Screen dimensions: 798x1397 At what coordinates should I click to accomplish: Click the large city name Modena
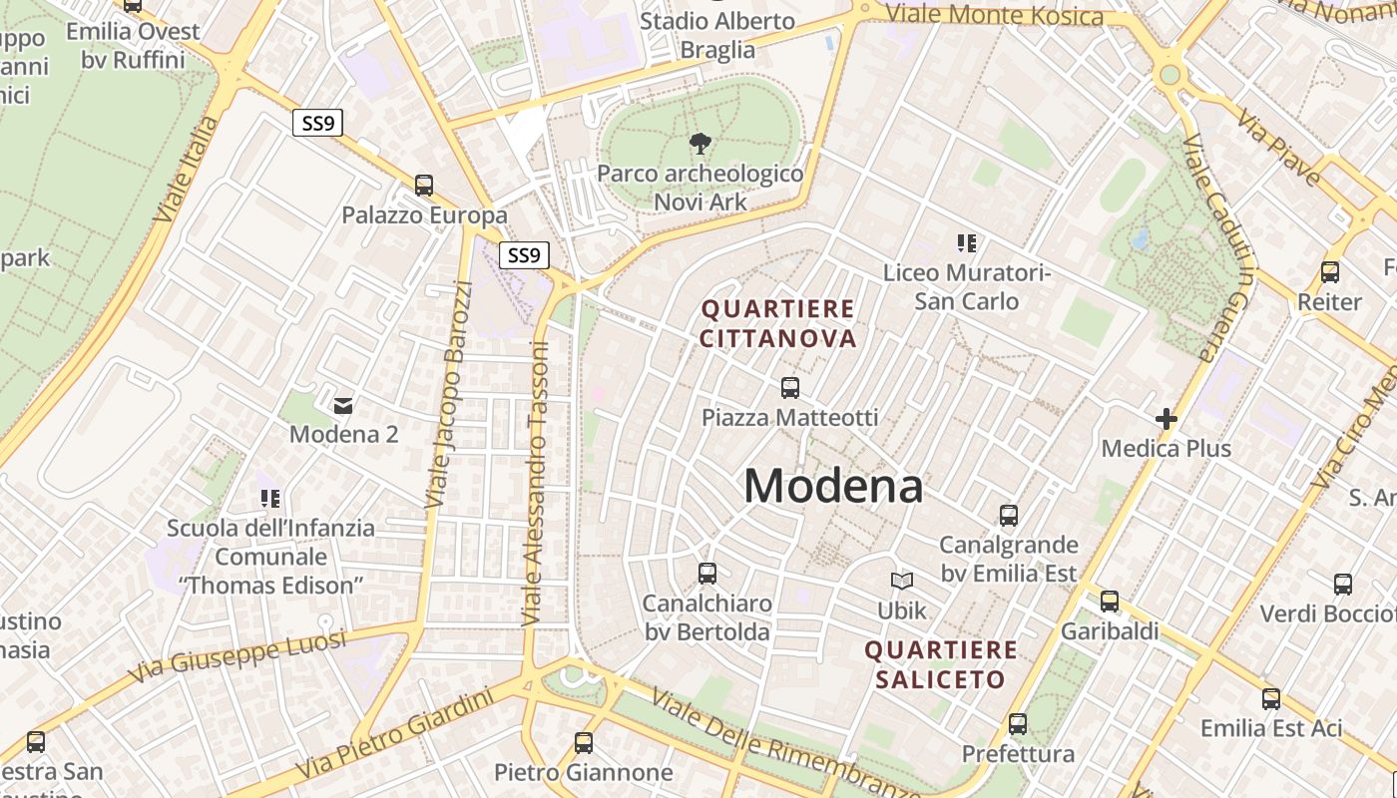point(833,487)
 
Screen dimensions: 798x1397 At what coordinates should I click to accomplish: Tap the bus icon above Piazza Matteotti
point(790,387)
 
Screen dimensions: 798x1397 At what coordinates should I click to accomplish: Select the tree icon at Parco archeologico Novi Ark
point(700,144)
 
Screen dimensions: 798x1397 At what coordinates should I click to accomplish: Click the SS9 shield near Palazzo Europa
point(318,123)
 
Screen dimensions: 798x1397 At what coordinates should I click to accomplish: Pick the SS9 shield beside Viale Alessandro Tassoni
point(524,255)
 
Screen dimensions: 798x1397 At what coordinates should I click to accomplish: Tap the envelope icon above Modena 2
point(343,405)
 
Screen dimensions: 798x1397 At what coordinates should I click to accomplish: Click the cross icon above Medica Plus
point(1165,419)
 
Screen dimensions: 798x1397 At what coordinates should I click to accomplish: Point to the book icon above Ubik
point(902,581)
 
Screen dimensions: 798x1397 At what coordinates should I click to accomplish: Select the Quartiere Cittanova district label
point(777,324)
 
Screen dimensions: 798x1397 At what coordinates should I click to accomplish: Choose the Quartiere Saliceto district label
point(941,665)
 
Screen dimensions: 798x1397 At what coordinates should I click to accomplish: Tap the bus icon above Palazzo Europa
point(424,186)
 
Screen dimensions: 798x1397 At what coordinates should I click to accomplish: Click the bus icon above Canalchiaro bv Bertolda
point(707,574)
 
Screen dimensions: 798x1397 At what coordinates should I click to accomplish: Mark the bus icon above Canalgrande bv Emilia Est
point(1009,516)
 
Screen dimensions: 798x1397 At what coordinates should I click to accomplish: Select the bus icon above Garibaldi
point(1110,601)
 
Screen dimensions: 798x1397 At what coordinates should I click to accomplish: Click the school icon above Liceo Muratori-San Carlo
point(966,242)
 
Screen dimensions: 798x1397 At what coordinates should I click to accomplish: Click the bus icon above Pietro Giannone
point(584,743)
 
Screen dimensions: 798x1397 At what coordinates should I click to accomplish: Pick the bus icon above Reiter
point(1329,272)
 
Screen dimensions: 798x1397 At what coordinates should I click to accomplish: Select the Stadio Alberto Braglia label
point(717,35)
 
